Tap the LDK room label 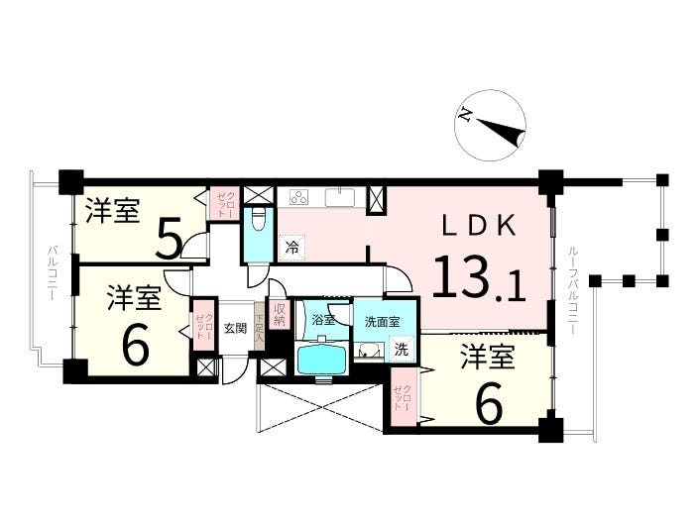(x=480, y=226)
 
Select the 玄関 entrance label (x=235, y=329)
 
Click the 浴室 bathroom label (x=322, y=320)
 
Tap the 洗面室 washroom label (x=382, y=321)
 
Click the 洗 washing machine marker (x=401, y=348)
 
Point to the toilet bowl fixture (x=257, y=219)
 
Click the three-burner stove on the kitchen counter (x=298, y=195)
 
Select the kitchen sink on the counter (x=340, y=195)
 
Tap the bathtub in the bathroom (x=322, y=357)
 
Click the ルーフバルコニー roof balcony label (x=573, y=290)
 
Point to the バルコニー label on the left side (x=51, y=269)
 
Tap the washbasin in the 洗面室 (x=368, y=349)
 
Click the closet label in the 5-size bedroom (x=222, y=203)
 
